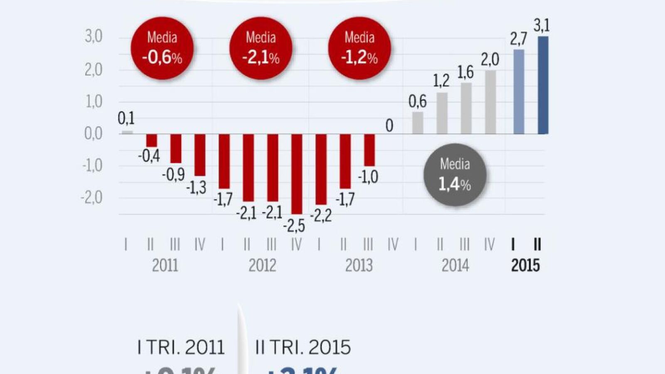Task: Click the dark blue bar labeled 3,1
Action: tap(543, 85)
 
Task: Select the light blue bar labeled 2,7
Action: tap(519, 92)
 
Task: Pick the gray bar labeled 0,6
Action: tap(417, 123)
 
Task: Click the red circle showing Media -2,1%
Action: tap(261, 48)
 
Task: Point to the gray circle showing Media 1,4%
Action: tap(455, 175)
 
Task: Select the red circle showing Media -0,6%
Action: tap(162, 48)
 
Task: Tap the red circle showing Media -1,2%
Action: tap(360, 48)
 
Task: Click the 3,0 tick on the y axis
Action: tap(94, 37)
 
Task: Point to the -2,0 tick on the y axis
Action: tap(92, 197)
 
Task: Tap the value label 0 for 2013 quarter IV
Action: tap(389, 125)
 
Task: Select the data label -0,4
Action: tap(149, 156)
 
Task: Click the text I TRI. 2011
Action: tap(181, 347)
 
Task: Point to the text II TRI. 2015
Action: tap(303, 347)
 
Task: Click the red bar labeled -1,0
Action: tap(369, 150)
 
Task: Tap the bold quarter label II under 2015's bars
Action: tap(537, 245)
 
